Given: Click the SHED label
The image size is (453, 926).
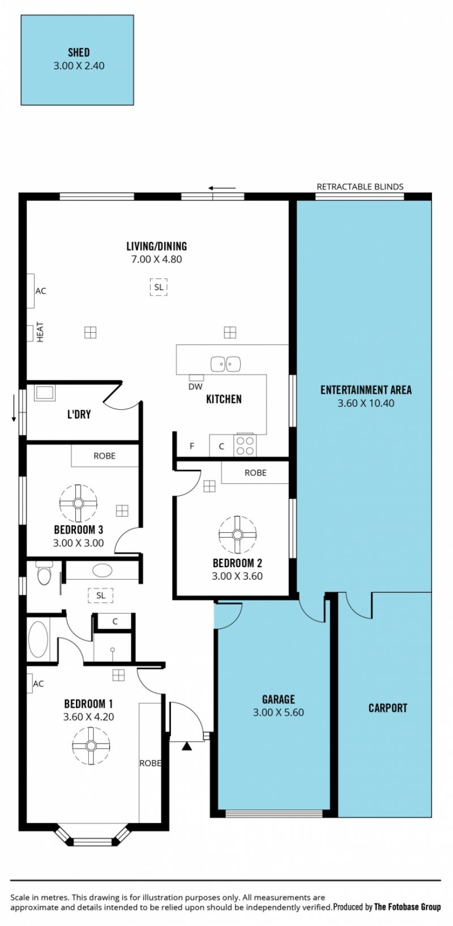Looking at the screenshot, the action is (x=79, y=53).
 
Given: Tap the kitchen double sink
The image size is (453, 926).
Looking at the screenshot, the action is (x=225, y=364).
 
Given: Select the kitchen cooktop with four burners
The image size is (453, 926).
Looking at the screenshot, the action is (x=245, y=445).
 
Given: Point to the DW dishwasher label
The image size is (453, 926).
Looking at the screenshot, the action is (x=195, y=386).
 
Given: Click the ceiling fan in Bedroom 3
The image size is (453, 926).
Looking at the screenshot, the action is (x=78, y=503).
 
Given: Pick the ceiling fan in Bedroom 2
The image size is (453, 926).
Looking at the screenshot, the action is (x=237, y=534).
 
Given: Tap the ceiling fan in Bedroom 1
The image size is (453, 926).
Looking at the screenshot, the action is (x=91, y=746).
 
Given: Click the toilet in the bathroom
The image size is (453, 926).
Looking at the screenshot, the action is (x=43, y=572).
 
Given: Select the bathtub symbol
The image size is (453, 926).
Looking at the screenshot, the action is (x=38, y=639).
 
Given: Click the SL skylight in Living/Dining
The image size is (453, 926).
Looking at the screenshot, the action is (x=159, y=287).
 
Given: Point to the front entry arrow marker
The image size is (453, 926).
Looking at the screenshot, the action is (x=187, y=745).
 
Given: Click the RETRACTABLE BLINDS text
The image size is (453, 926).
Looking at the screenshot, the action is (x=360, y=186).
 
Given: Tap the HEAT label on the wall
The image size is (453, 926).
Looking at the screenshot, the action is (x=40, y=332).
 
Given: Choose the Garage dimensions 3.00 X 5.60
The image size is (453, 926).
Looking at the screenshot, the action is (x=279, y=712).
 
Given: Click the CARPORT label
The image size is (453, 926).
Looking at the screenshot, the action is (x=388, y=708).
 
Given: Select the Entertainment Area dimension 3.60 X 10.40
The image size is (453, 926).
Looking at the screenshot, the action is (x=366, y=403).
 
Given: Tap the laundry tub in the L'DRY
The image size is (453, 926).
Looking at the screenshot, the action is (x=45, y=393).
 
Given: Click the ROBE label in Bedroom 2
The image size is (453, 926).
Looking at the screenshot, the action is (x=255, y=473).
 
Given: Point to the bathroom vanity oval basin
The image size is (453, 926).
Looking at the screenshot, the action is (x=102, y=571).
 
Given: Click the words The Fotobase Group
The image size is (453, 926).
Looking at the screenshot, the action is (x=408, y=907).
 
